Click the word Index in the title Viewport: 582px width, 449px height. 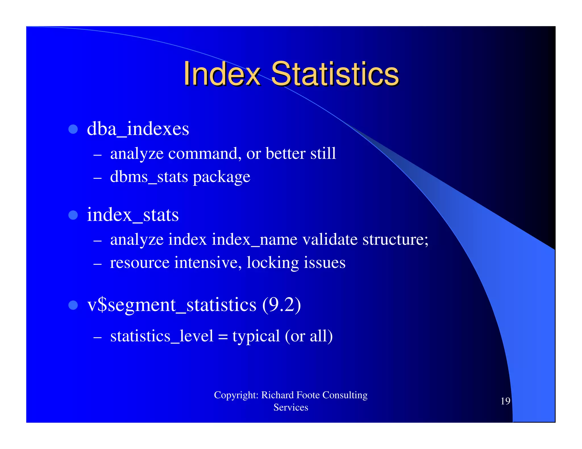222,74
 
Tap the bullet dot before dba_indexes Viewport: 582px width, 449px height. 73,129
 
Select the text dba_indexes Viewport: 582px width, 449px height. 138,129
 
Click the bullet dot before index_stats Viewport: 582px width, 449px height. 73,215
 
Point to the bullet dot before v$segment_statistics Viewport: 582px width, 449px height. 73,305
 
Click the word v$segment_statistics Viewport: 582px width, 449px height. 172,305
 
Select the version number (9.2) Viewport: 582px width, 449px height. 281,305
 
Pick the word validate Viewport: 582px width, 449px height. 330,240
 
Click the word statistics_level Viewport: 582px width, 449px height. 162,336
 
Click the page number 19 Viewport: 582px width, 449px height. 505,401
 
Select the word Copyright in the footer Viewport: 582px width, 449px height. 236,395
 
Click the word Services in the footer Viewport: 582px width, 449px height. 291,408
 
